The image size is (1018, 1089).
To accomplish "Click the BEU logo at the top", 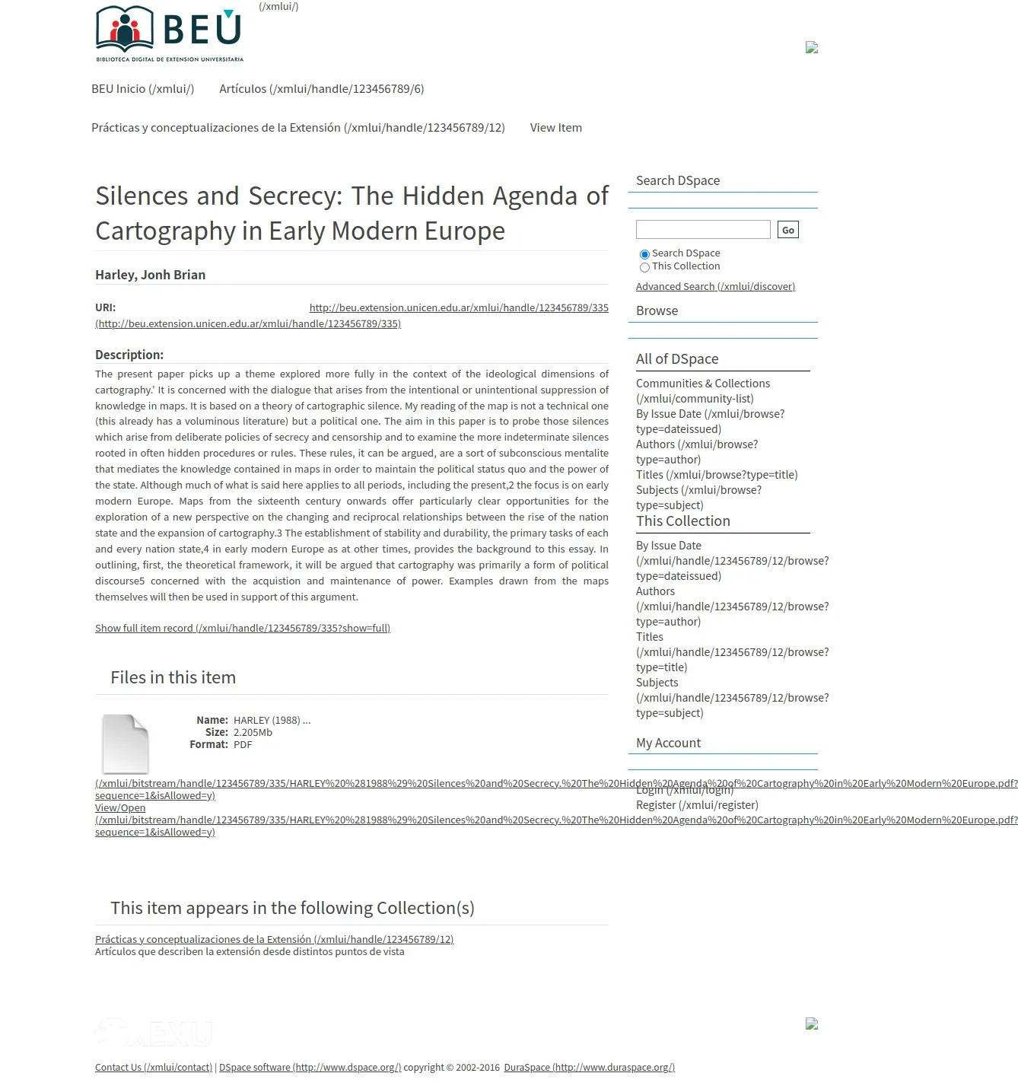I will (x=169, y=33).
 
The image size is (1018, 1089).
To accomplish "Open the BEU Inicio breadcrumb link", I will (x=142, y=89).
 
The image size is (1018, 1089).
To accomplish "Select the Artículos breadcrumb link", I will (x=321, y=89).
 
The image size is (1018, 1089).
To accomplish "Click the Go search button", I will (x=787, y=230).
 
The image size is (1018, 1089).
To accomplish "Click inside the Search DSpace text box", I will (x=703, y=230).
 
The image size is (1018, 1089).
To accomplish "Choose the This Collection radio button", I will (x=644, y=267).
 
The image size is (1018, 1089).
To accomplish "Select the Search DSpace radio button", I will (x=644, y=254).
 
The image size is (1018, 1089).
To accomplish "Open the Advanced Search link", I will (x=715, y=287).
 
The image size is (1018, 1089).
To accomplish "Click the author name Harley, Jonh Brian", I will (x=150, y=275).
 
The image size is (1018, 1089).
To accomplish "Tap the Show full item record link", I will (x=242, y=629).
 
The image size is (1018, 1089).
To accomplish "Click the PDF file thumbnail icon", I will (x=126, y=744).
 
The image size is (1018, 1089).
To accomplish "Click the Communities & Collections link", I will (x=702, y=384).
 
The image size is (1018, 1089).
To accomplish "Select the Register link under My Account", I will (x=696, y=805).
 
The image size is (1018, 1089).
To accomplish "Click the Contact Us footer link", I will (x=153, y=1068).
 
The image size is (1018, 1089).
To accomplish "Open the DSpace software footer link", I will (x=310, y=1068).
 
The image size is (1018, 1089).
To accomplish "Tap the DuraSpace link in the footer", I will (x=589, y=1068).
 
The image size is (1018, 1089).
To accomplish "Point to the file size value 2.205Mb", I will (x=253, y=733).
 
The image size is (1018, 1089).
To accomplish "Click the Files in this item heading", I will (x=173, y=677).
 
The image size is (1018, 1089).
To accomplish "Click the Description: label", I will (x=129, y=355).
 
